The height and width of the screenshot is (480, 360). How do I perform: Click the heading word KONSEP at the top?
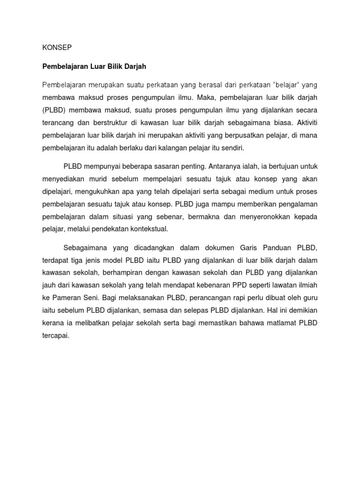[x=57, y=47]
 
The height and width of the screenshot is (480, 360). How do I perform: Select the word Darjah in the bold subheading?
[x=134, y=67]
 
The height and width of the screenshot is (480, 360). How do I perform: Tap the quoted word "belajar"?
[x=285, y=85]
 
